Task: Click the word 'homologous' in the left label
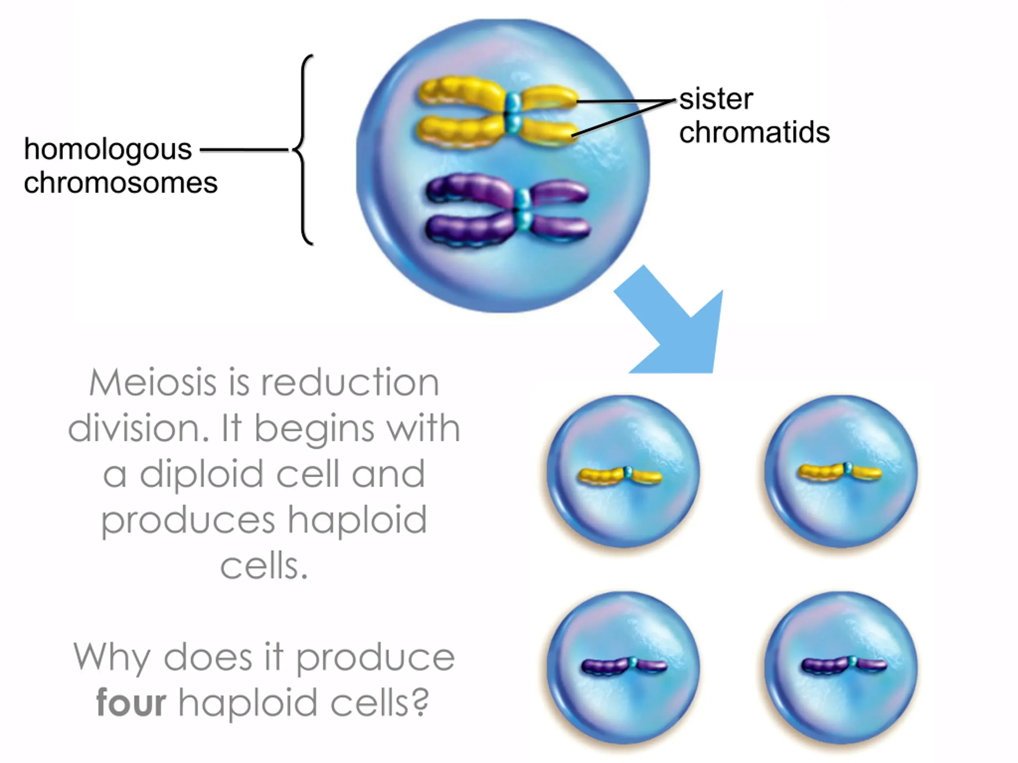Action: (108, 150)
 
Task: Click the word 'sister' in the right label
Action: (716, 99)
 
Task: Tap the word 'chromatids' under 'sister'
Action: (754, 132)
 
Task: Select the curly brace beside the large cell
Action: (303, 150)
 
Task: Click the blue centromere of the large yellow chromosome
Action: (513, 113)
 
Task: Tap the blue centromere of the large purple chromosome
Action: (523, 210)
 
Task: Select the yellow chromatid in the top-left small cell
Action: (620, 476)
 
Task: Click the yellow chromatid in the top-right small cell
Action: (839, 472)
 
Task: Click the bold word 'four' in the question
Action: (131, 702)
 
